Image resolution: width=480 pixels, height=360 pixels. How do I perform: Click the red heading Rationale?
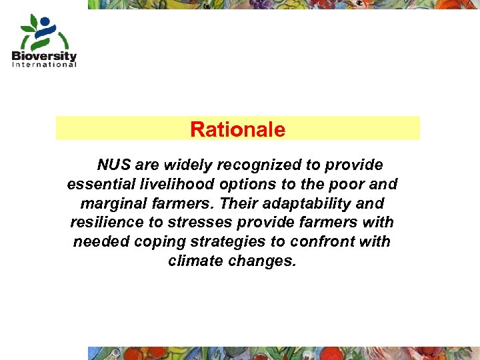coord(237,129)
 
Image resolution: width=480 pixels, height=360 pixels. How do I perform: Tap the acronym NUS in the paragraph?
coord(113,165)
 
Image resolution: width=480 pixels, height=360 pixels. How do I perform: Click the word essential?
coord(97,184)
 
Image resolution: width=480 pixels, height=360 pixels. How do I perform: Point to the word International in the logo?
coord(44,65)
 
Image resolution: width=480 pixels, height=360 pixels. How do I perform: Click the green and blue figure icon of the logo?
coord(43,32)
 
